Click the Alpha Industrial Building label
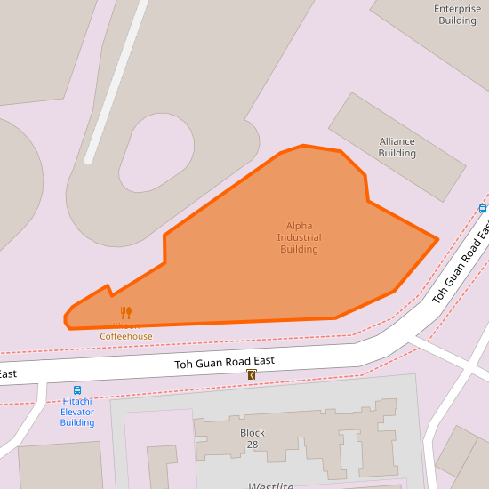click(299, 237)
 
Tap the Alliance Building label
click(397, 148)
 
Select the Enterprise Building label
click(457, 14)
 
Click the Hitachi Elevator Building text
click(77, 412)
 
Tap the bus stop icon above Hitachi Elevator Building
click(77, 390)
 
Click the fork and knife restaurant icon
click(125, 313)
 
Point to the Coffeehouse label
click(125, 336)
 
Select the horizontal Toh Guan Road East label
click(223, 361)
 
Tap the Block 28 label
click(253, 438)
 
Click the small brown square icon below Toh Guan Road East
click(252, 376)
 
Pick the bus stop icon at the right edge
click(483, 209)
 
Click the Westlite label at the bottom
click(271, 485)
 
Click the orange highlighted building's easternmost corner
click(437, 238)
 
